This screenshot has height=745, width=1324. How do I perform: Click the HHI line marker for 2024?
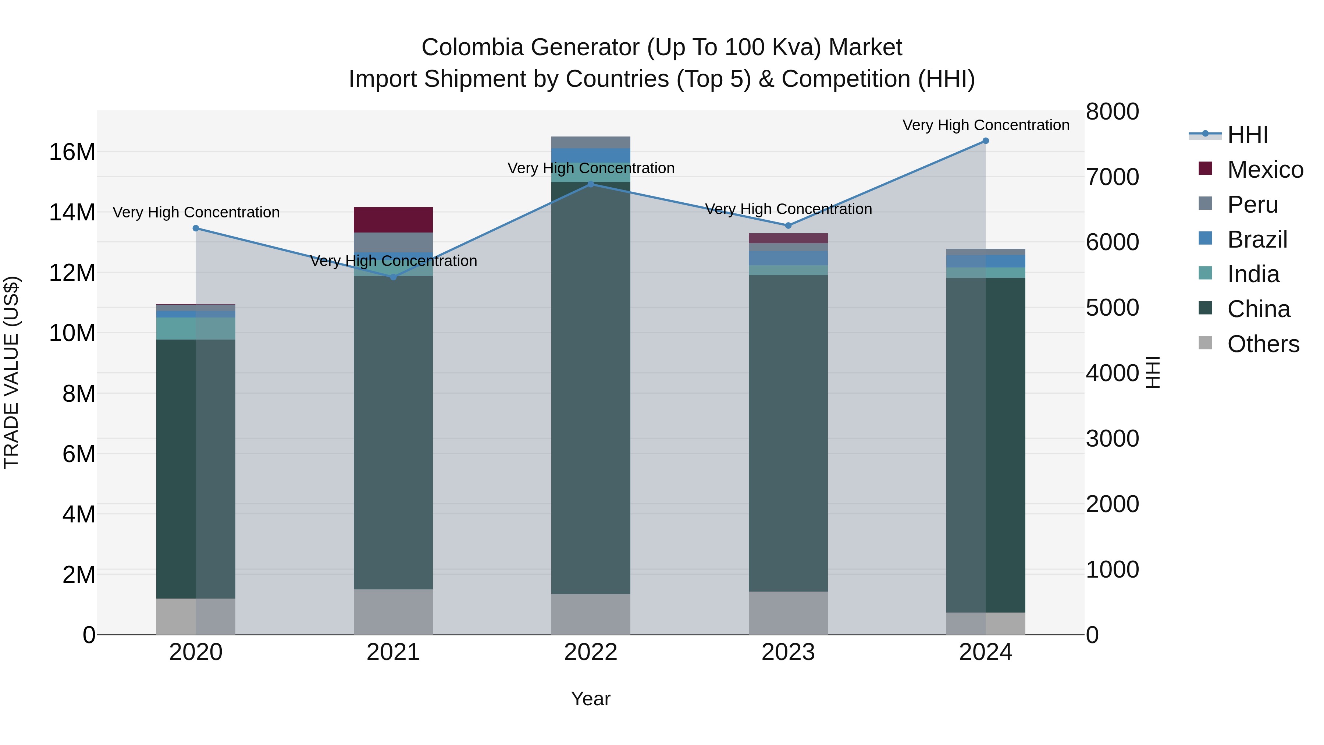point(985,141)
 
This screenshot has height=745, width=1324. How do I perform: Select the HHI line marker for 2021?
point(393,277)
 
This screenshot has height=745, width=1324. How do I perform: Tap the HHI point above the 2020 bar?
point(196,228)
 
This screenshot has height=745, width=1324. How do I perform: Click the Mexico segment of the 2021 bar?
point(393,220)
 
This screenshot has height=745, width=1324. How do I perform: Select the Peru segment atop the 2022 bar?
point(591,142)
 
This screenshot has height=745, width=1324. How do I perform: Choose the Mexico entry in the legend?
point(1264,170)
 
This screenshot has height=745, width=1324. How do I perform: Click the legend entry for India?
point(1253,274)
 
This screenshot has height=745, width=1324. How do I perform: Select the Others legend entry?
point(1263,344)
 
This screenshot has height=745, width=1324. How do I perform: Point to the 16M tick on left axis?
point(72,152)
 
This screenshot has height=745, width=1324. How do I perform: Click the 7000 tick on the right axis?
point(1112,177)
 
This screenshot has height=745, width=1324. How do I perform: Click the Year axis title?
point(591,699)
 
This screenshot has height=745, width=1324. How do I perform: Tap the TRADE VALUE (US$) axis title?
point(11,372)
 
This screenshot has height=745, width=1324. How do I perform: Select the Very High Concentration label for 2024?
point(985,125)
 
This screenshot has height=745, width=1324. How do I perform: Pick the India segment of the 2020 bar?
point(196,328)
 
